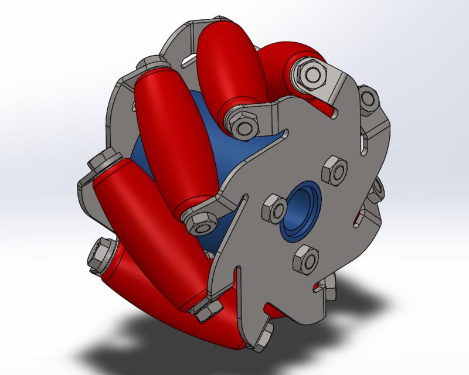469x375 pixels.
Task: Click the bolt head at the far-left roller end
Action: click(105, 161)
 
